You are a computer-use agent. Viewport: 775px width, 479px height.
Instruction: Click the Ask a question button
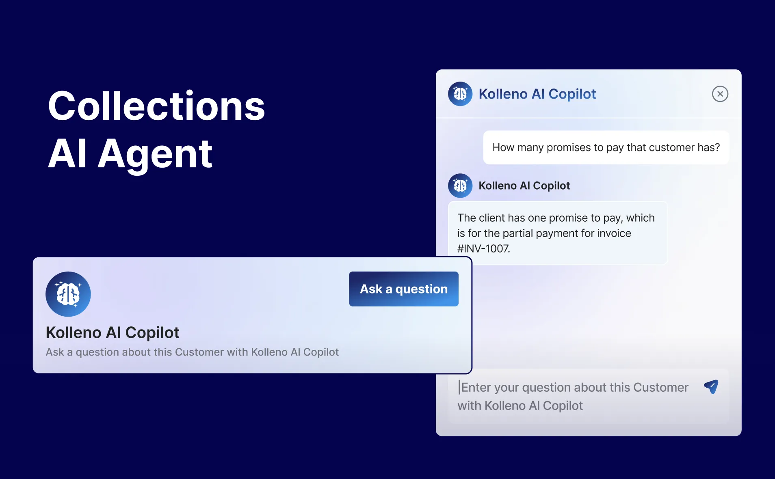point(404,289)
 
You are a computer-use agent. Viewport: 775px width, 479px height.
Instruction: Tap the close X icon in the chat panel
point(720,94)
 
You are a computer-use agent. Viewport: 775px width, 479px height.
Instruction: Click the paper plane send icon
point(711,386)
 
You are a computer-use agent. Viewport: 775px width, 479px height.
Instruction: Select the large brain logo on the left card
point(68,294)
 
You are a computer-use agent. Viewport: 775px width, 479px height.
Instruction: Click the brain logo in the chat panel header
point(460,94)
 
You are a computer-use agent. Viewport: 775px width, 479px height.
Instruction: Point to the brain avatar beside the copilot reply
point(460,186)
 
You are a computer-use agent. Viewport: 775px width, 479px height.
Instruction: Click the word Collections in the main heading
point(156,106)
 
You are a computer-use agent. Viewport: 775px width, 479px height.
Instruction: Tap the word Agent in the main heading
point(155,154)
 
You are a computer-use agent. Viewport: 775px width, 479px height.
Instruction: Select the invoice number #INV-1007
point(483,248)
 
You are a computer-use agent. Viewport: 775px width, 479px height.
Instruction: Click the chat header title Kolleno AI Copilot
point(537,94)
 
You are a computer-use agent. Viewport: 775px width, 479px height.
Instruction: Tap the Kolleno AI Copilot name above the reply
point(524,186)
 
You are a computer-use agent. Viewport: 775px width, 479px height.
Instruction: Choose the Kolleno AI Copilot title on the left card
point(113,332)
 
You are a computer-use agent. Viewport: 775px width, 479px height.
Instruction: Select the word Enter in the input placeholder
point(476,387)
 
